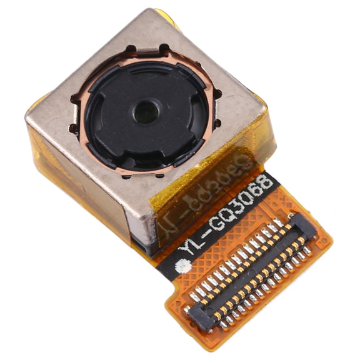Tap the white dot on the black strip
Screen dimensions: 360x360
[x=184, y=266]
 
